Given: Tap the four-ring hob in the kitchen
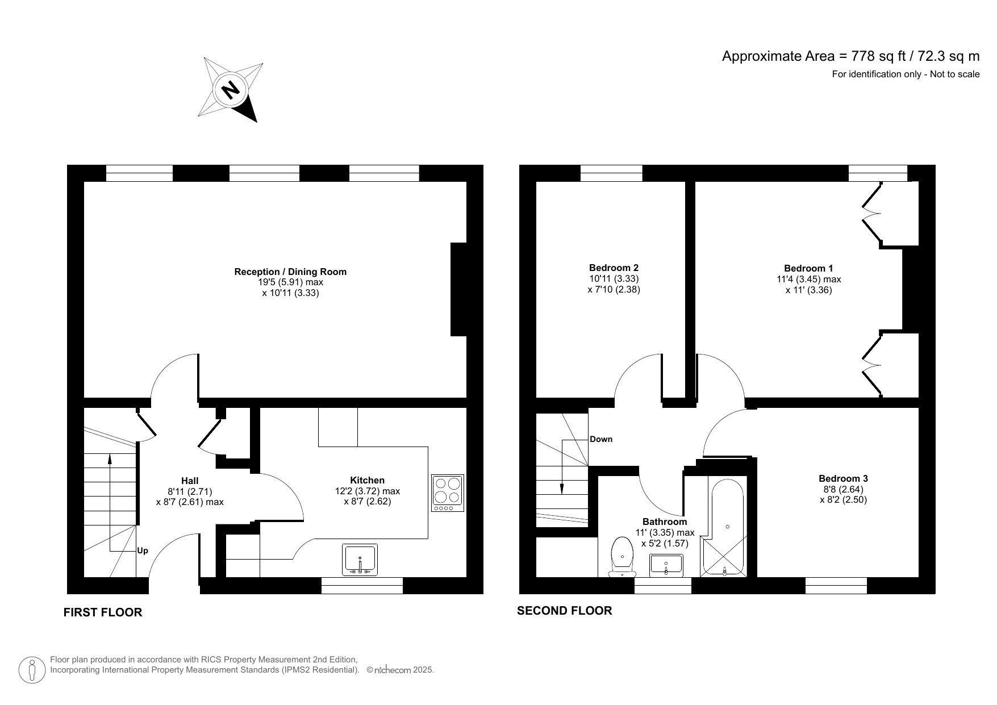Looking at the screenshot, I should [x=447, y=493].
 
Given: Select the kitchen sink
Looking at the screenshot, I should [x=360, y=560].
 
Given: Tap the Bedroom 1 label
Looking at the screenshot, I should [x=808, y=268].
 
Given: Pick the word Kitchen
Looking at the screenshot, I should [x=367, y=480].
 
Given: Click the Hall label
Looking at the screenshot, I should [x=190, y=481].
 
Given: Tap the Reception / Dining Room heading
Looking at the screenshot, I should [x=290, y=272].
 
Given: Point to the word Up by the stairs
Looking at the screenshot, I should [x=143, y=550].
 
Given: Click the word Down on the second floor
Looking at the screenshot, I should [x=600, y=439].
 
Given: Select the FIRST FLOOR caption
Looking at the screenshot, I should [x=102, y=612].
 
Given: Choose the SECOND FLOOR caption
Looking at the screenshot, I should [x=564, y=611].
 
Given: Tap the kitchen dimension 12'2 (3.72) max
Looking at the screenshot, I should [x=367, y=491].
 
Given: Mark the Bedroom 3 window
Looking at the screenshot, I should [x=836, y=586].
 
